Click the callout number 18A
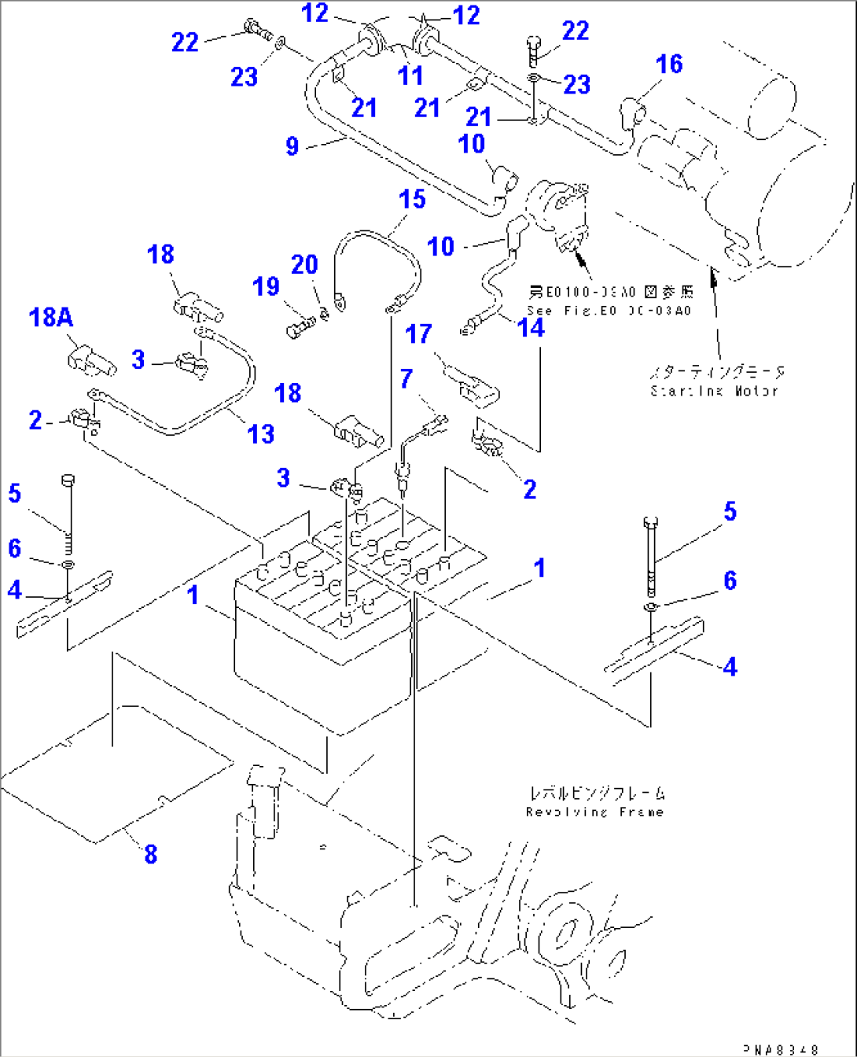click(x=50, y=318)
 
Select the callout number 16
click(x=669, y=64)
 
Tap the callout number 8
click(x=150, y=853)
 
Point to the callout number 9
click(x=292, y=146)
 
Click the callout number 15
click(x=412, y=200)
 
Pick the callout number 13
click(x=261, y=433)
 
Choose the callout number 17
click(x=418, y=334)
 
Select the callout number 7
click(x=406, y=378)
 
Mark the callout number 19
click(x=266, y=286)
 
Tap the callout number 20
click(x=304, y=265)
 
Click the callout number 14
click(x=531, y=327)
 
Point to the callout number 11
click(x=410, y=76)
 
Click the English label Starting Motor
click(x=714, y=391)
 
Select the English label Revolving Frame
click(x=594, y=812)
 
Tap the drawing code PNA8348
click(x=782, y=1049)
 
